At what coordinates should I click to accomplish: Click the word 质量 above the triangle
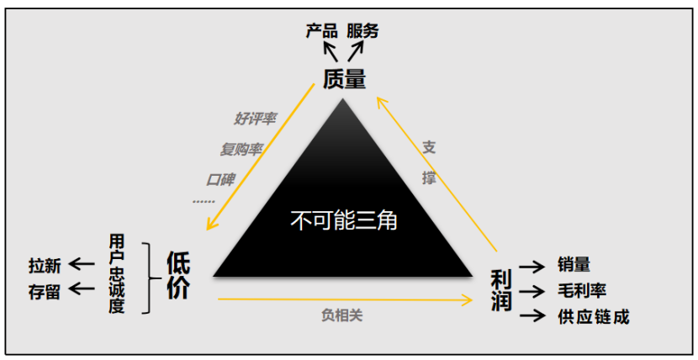click(x=344, y=80)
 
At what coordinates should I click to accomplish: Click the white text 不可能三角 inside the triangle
click(x=343, y=221)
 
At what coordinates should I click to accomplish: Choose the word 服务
click(x=363, y=31)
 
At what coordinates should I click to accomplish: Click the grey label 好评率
click(x=255, y=119)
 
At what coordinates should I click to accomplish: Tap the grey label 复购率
click(x=241, y=149)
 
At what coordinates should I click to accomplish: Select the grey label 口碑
click(x=220, y=178)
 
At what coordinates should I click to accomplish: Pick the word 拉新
click(x=45, y=266)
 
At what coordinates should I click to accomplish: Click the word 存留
click(x=45, y=291)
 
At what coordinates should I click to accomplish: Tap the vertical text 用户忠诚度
click(x=117, y=274)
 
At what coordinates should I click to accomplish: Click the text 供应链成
click(x=593, y=317)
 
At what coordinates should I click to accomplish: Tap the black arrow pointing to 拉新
click(x=82, y=265)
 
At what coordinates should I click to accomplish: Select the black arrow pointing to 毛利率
click(x=533, y=291)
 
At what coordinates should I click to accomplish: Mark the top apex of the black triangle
click(x=342, y=100)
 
